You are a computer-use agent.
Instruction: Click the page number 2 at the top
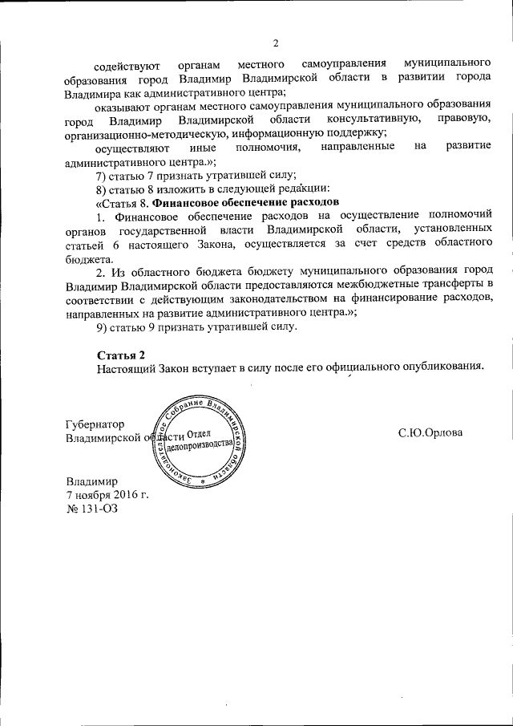pyautogui.click(x=275, y=43)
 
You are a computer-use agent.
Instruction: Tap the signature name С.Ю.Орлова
pyautogui.click(x=430, y=433)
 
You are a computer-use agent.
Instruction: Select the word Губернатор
pyautogui.click(x=95, y=425)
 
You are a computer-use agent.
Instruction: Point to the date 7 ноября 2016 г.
pyautogui.click(x=107, y=495)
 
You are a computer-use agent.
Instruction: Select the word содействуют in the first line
pyautogui.click(x=125, y=63)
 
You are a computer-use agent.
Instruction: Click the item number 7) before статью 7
pyautogui.click(x=101, y=174)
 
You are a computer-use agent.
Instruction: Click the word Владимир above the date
pyautogui.click(x=91, y=481)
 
